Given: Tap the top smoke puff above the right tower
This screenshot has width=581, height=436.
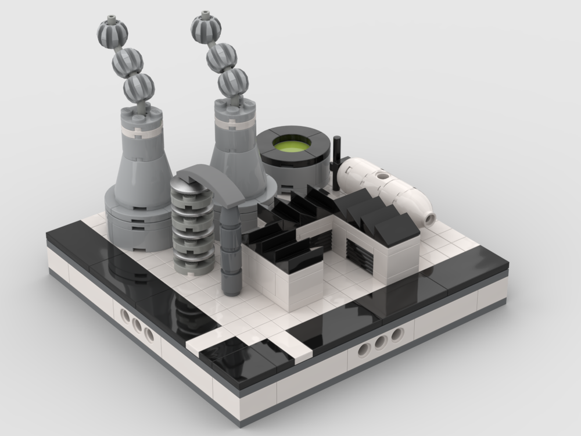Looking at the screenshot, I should pyautogui.click(x=206, y=26).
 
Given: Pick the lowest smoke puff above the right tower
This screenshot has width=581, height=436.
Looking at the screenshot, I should pyautogui.click(x=233, y=83).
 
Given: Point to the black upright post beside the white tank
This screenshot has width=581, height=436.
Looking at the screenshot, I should pyautogui.click(x=337, y=162).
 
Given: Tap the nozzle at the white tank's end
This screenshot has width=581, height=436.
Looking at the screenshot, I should pyautogui.click(x=429, y=218).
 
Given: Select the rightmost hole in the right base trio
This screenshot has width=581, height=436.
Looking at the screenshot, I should pyautogui.click(x=396, y=335).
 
